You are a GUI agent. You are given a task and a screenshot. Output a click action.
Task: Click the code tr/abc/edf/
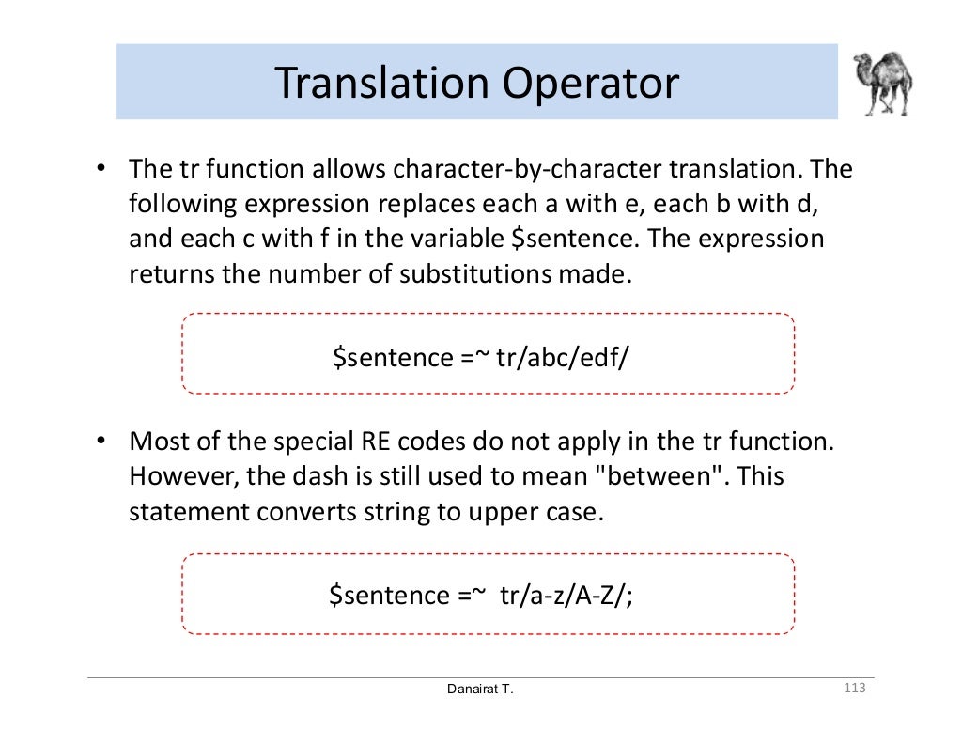point(561,357)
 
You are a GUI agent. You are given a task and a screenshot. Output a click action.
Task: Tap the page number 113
point(854,690)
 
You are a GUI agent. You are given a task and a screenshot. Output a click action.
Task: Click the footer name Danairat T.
point(480,690)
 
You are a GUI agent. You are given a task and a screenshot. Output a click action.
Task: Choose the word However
point(183,475)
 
